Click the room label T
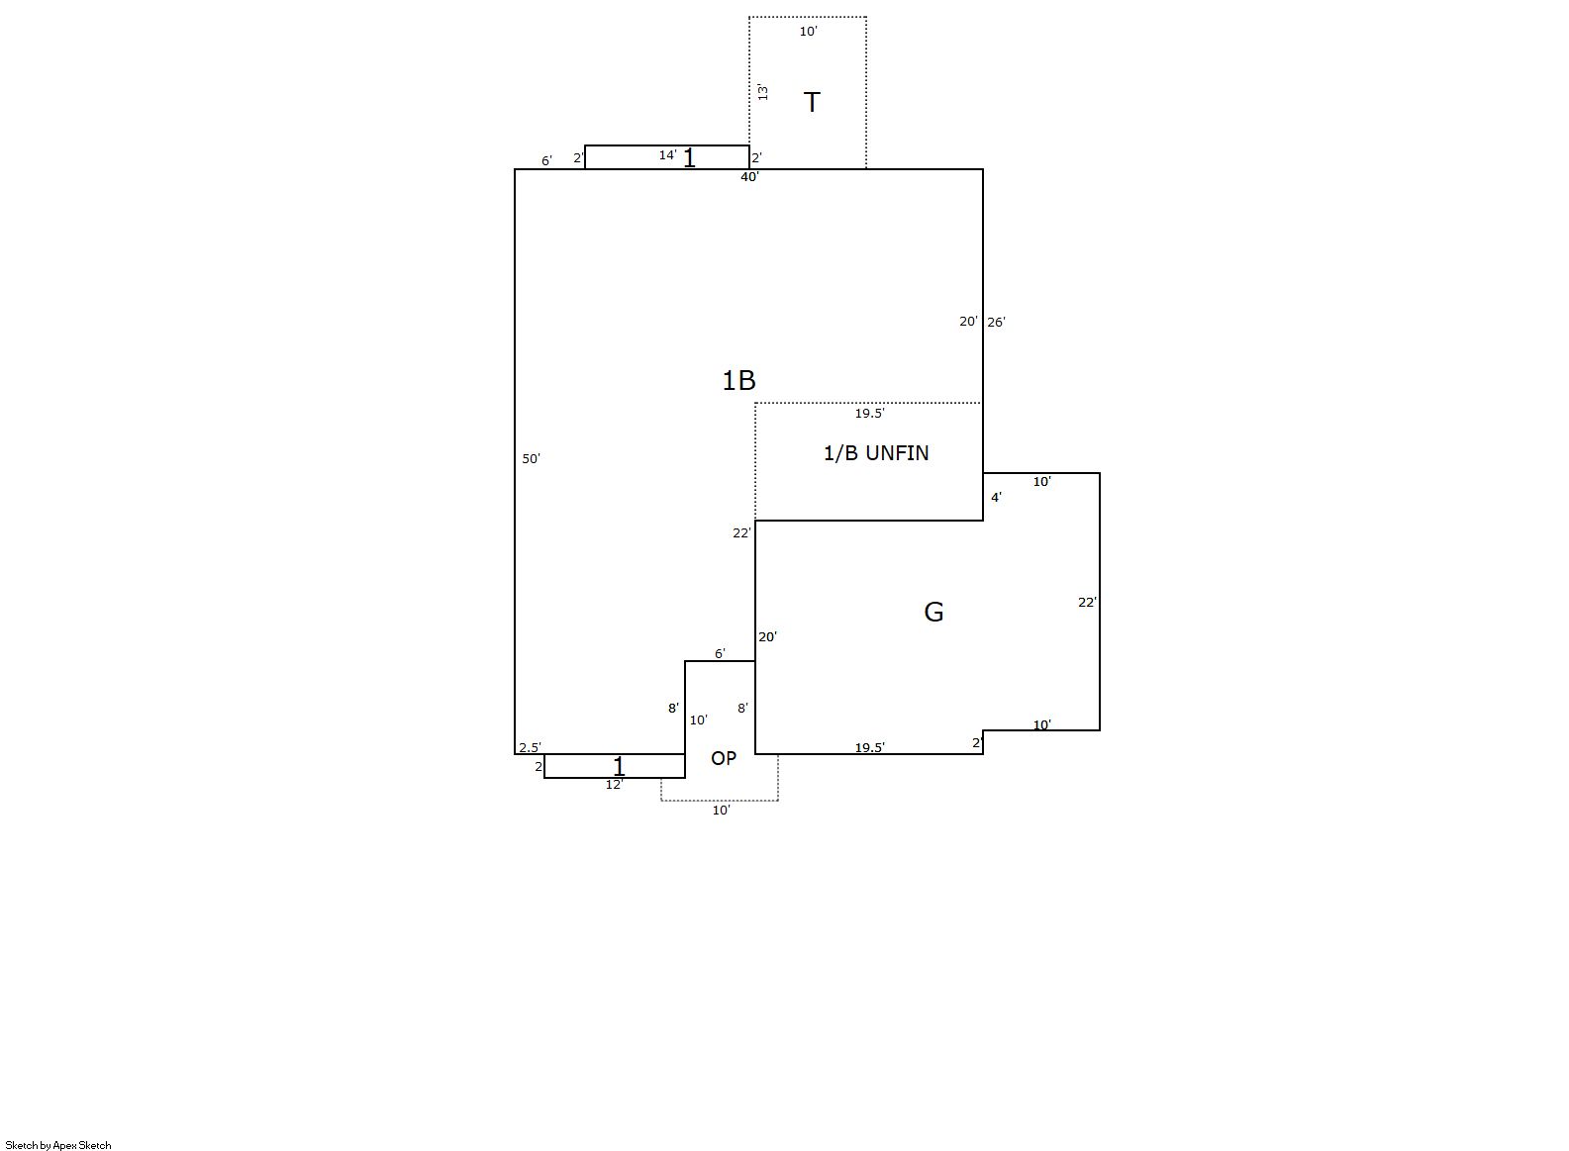[x=811, y=103]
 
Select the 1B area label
[x=739, y=381]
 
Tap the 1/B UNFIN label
[x=875, y=453]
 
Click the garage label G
[x=933, y=613]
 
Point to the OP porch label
[x=724, y=758]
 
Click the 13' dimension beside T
[x=763, y=92]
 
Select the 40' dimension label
[x=749, y=177]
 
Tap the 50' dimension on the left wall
[x=531, y=459]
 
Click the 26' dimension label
[x=996, y=323]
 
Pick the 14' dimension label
[x=667, y=155]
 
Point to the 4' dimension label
[x=996, y=498]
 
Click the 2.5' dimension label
[x=530, y=748]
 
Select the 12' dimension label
[x=615, y=785]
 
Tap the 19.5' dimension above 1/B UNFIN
[x=869, y=414]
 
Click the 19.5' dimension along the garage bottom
[x=869, y=748]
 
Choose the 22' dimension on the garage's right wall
[x=1087, y=603]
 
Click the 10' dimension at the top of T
[x=809, y=32]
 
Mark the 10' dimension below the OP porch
[x=721, y=810]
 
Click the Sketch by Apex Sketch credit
[x=58, y=1145]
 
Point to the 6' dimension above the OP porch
[x=720, y=654]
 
